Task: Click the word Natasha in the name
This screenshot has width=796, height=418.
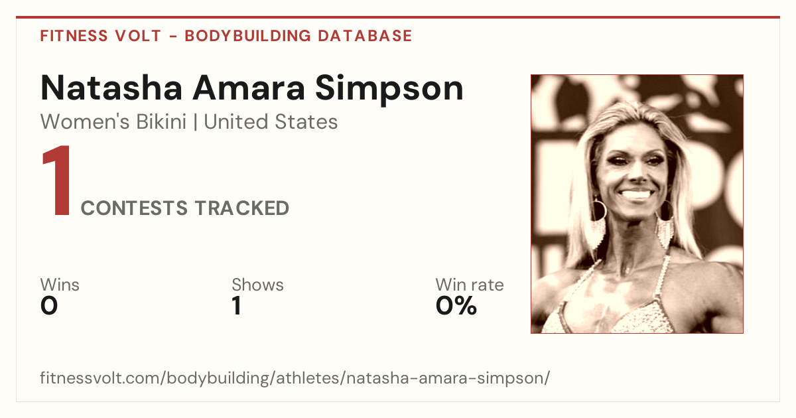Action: click(111, 88)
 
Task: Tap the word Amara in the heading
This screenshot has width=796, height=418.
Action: click(249, 88)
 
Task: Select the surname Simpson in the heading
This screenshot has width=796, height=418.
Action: click(389, 90)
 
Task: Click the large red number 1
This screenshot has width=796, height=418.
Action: click(58, 180)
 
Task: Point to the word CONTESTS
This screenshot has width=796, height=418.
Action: click(134, 208)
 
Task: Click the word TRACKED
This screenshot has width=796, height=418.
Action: click(242, 208)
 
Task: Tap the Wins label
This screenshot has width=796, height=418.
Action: click(60, 285)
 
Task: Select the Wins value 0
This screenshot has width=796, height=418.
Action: click(49, 306)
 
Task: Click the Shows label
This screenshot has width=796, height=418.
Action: click(257, 285)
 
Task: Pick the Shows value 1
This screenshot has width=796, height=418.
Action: click(237, 306)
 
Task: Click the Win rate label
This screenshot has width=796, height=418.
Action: click(470, 285)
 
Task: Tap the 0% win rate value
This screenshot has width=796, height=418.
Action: click(456, 306)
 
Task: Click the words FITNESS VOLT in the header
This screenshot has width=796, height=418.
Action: click(101, 36)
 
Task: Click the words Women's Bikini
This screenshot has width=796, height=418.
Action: click(113, 122)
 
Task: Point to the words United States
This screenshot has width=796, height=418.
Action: click(271, 122)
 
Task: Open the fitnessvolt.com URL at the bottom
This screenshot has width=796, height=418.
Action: click(295, 378)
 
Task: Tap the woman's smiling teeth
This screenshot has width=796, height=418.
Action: click(635, 195)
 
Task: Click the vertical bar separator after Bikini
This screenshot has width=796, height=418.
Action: click(195, 122)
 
